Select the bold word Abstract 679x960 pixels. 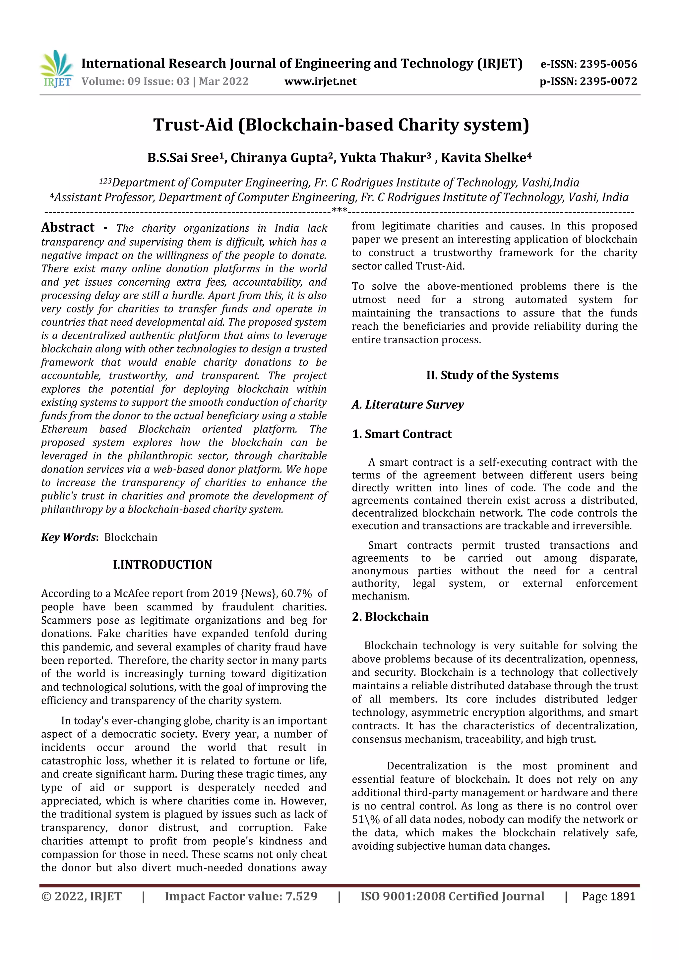click(x=68, y=227)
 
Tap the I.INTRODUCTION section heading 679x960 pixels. click(x=162, y=564)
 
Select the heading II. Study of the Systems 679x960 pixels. click(x=492, y=375)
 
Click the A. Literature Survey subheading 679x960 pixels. click(x=407, y=404)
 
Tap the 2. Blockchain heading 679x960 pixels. click(x=390, y=617)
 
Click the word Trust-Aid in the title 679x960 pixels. click(x=193, y=125)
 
